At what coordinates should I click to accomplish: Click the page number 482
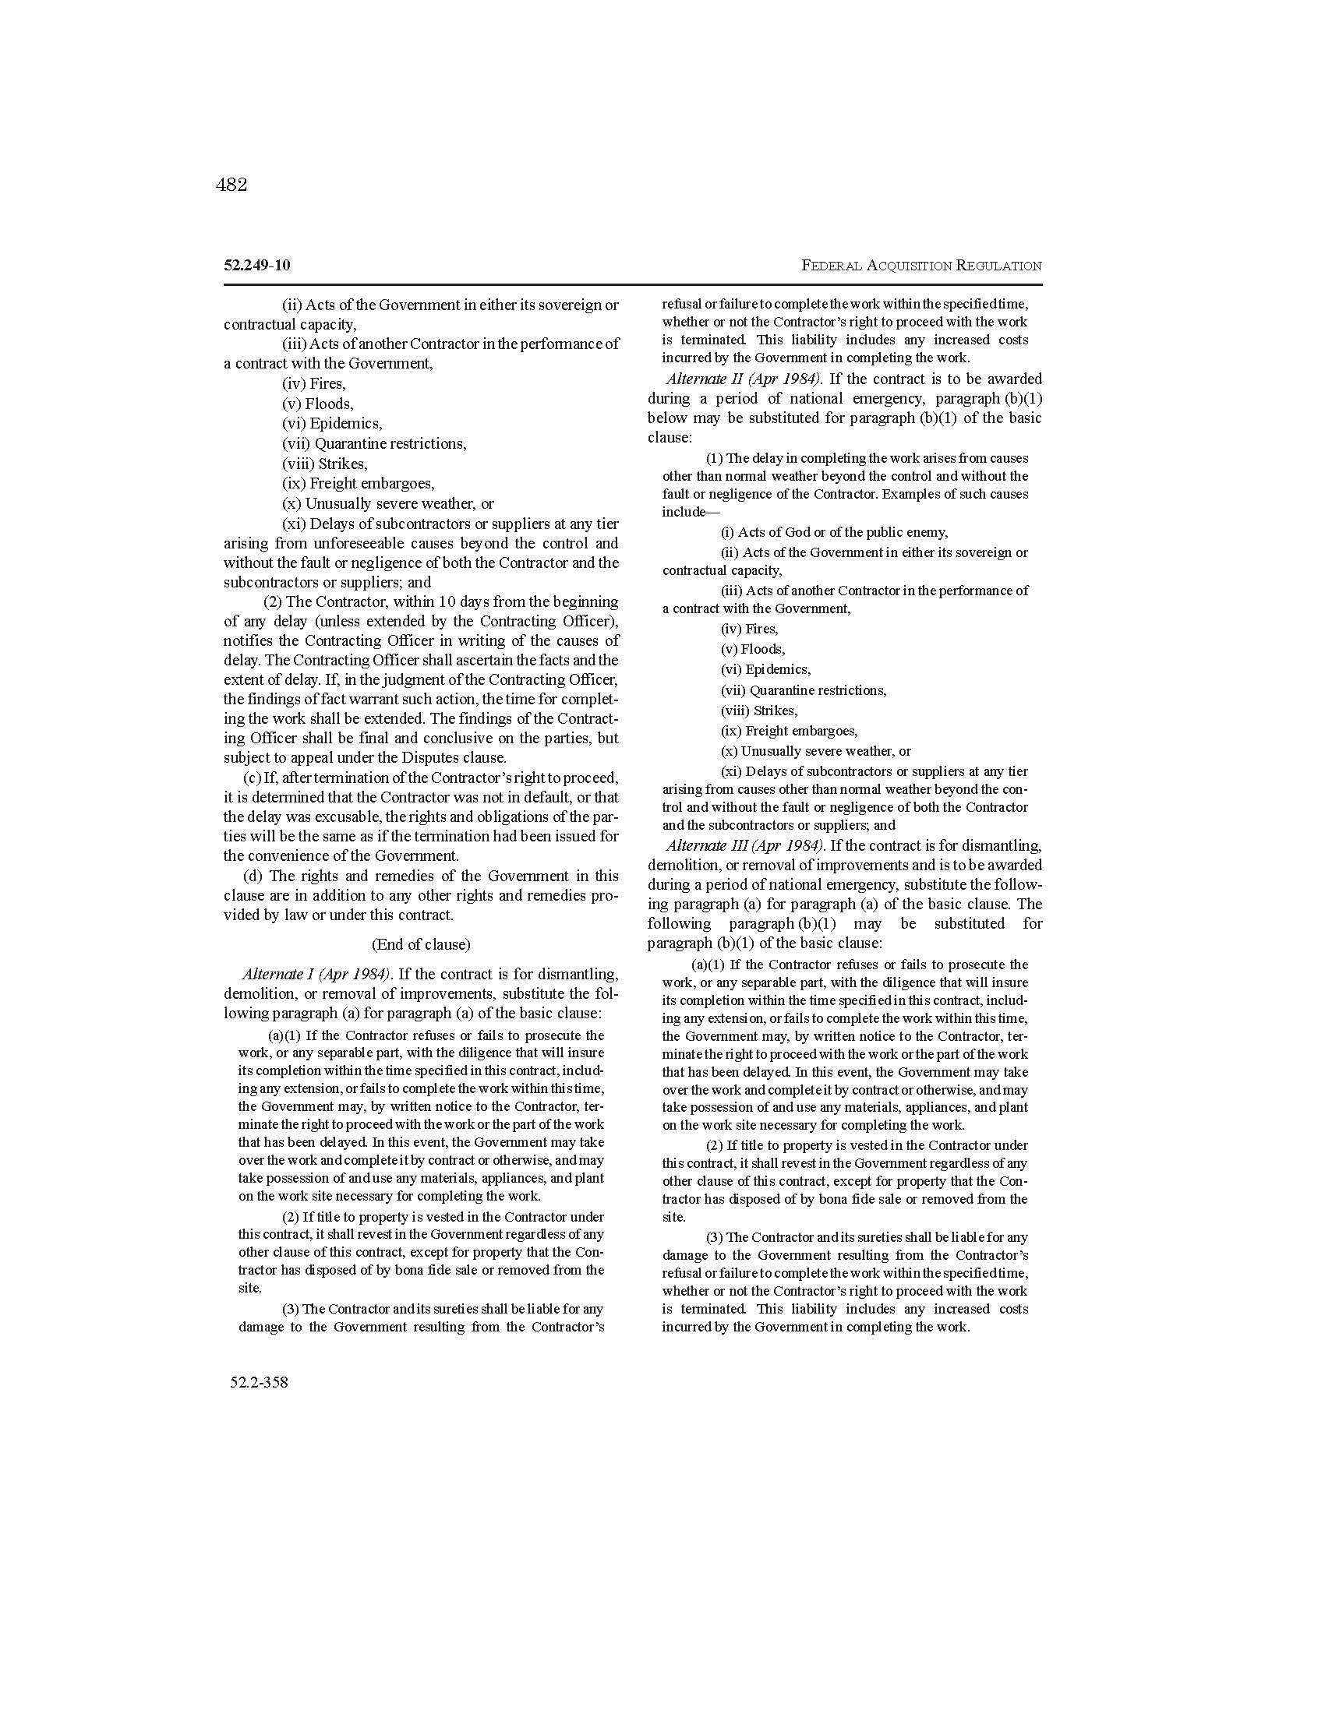click(x=231, y=185)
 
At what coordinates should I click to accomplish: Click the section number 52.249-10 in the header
click(x=256, y=265)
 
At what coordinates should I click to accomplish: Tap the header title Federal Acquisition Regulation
click(x=921, y=266)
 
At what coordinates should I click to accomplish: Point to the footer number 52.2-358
click(x=259, y=1382)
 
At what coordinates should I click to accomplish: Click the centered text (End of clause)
click(x=421, y=944)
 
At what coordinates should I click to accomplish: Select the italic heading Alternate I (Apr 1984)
click(x=316, y=974)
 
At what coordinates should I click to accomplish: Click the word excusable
click(x=342, y=817)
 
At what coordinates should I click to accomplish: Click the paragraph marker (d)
click(x=253, y=876)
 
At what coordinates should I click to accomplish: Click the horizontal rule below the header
click(x=633, y=284)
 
